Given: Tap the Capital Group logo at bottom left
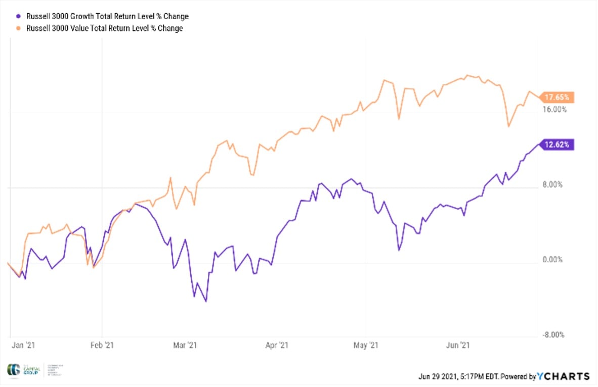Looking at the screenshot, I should click(28, 370).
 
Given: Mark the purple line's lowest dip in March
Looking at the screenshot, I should click(206, 302).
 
